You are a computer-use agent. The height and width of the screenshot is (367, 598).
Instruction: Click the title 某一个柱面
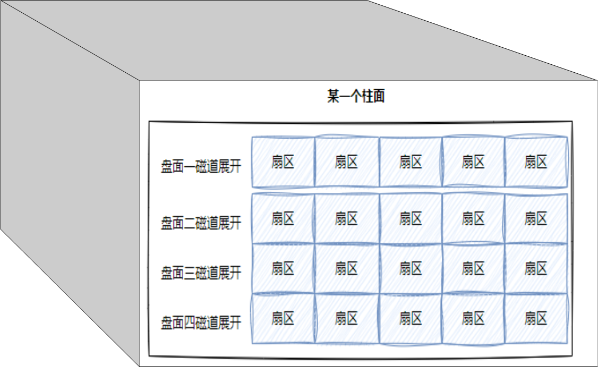(x=355, y=97)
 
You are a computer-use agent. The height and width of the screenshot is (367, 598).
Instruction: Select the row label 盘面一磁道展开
(x=201, y=166)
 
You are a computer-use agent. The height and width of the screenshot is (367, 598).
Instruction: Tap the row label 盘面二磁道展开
(x=201, y=223)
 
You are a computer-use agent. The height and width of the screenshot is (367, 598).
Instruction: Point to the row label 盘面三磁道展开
(x=201, y=273)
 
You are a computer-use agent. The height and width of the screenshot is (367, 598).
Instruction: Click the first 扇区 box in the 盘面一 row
(x=283, y=162)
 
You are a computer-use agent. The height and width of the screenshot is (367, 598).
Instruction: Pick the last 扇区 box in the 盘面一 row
(x=536, y=162)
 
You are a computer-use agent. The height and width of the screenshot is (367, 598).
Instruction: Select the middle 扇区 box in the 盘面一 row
(x=410, y=162)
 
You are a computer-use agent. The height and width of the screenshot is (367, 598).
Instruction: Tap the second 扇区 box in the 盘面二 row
(x=346, y=218)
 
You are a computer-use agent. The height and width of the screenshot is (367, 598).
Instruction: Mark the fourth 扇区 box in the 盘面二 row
(x=473, y=218)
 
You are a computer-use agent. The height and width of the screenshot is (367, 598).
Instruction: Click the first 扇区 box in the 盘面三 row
(x=283, y=269)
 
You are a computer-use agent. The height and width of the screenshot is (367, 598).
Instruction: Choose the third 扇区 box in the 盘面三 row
(x=410, y=269)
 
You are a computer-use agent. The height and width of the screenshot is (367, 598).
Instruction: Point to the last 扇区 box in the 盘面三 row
(x=536, y=269)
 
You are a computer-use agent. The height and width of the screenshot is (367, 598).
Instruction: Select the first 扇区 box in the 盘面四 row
(x=283, y=319)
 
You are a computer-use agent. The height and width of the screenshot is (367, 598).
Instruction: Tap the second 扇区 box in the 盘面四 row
(x=346, y=319)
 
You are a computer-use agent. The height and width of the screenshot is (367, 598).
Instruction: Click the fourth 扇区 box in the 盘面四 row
(x=473, y=319)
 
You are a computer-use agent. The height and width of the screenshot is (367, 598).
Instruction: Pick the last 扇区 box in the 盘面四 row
(x=536, y=319)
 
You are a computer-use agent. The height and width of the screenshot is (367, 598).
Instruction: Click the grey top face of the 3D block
(x=297, y=40)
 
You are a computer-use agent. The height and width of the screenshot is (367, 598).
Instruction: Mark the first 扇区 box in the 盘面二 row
(x=283, y=218)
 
